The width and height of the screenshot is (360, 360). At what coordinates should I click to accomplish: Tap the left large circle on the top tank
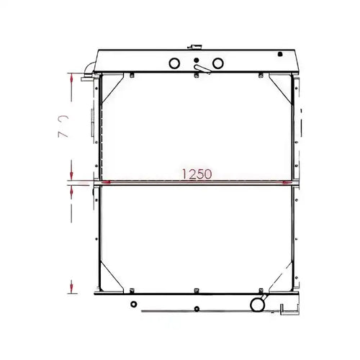(x=173, y=64)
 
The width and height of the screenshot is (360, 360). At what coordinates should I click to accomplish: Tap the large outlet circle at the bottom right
(x=256, y=306)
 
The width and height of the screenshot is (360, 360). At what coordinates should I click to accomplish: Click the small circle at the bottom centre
(x=197, y=310)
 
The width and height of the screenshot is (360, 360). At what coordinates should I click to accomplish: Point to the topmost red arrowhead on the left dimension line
(x=71, y=77)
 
